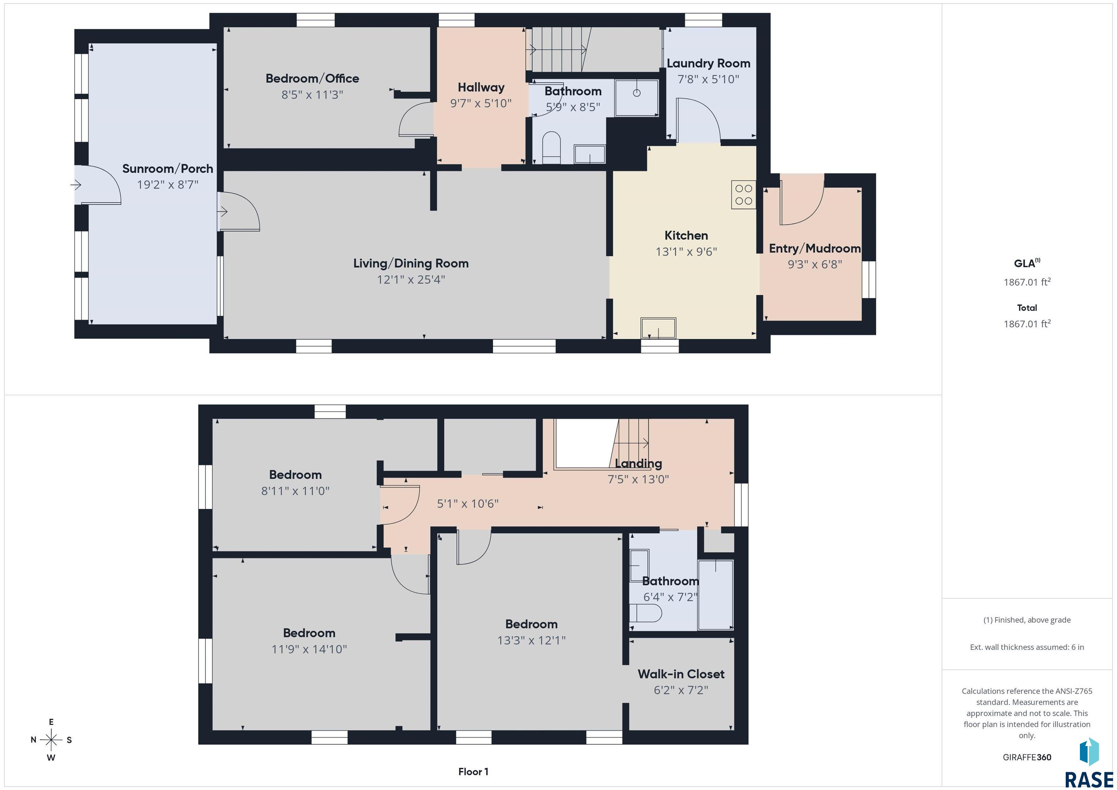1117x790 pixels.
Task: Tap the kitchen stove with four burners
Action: point(743,195)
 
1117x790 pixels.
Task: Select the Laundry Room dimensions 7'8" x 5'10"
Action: point(708,79)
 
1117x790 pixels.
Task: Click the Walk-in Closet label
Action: point(681,674)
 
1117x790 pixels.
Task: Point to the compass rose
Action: point(51,740)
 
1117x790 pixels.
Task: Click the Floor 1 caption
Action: point(473,771)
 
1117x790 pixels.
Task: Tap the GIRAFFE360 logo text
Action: point(1027,757)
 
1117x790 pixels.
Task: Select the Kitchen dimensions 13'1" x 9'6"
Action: point(686,252)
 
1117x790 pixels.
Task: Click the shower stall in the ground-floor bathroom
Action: point(637,98)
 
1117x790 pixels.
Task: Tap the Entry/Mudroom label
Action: point(815,249)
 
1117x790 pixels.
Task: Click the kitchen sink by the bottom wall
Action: point(658,328)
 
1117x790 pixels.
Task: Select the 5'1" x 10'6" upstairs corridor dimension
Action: point(468,504)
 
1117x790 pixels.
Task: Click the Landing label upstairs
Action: point(638,464)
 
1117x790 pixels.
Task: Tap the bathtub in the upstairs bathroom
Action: point(716,595)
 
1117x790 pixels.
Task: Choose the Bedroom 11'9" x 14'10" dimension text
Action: point(309,649)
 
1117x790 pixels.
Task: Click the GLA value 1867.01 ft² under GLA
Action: point(1027,282)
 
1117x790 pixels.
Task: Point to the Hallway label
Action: point(481,88)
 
